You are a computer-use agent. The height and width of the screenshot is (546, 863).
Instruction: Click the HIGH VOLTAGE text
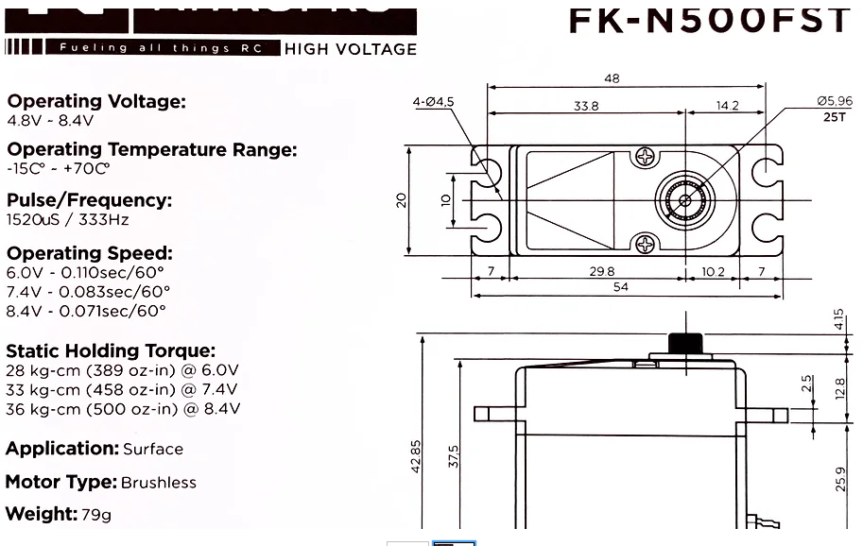click(x=351, y=49)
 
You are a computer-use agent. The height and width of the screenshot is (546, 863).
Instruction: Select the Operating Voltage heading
click(x=96, y=101)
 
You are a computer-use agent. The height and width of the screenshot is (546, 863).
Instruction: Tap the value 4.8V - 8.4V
click(x=50, y=121)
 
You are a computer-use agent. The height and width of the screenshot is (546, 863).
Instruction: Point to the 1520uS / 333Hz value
click(x=68, y=220)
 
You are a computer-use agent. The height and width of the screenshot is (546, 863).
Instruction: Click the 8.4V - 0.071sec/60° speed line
click(x=86, y=311)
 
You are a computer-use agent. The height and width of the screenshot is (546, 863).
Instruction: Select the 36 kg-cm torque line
click(x=123, y=409)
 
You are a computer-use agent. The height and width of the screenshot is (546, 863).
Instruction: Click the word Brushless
click(x=159, y=483)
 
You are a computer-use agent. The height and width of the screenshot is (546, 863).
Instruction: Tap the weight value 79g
click(x=96, y=515)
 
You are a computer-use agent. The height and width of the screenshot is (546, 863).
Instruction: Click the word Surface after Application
click(x=153, y=450)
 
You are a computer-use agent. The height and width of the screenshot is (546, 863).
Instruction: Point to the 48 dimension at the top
click(x=612, y=79)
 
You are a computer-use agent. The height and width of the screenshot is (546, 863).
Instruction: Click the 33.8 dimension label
click(x=586, y=107)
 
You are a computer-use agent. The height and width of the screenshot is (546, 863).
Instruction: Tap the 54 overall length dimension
click(x=621, y=287)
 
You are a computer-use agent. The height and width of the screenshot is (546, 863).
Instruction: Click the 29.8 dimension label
click(x=601, y=272)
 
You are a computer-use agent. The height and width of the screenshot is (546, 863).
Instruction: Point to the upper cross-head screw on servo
click(x=647, y=156)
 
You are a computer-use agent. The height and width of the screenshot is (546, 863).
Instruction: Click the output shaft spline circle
click(x=682, y=199)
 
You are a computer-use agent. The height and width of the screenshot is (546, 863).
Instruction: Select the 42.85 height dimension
click(x=417, y=457)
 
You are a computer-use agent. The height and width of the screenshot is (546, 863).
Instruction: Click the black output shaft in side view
click(x=683, y=343)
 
